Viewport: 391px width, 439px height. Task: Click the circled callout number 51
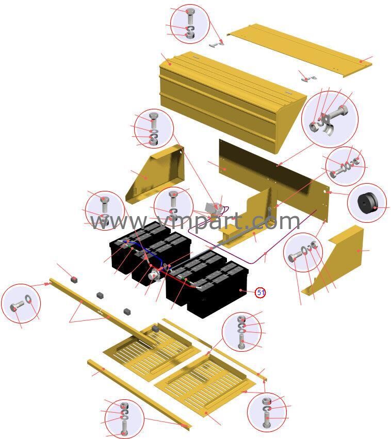(x=260, y=292)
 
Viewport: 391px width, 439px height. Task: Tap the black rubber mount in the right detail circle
(x=367, y=203)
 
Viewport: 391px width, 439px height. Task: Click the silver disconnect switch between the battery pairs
(x=153, y=274)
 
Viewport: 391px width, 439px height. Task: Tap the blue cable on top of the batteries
(x=145, y=251)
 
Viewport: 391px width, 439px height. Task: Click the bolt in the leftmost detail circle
(x=17, y=307)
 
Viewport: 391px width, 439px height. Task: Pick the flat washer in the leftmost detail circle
(x=28, y=299)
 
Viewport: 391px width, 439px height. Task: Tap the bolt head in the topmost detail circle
(x=191, y=11)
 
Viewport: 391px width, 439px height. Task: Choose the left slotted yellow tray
(x=153, y=351)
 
